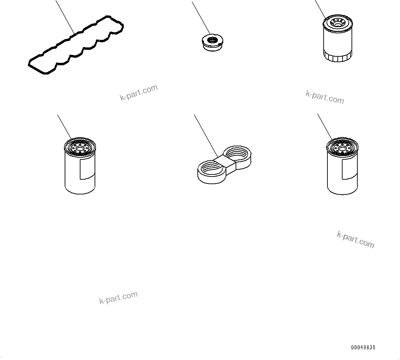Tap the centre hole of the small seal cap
212,41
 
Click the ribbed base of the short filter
338,57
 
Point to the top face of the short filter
338,23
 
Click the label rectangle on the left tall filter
86,169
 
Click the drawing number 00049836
363,347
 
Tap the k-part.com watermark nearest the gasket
139,92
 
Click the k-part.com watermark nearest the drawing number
355,239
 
